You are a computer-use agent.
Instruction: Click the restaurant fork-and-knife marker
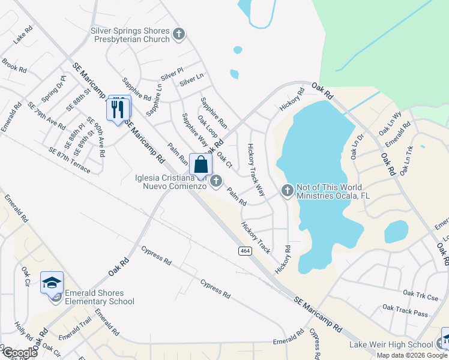tap(118, 108)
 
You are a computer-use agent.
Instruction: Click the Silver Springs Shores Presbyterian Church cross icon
tap(178, 34)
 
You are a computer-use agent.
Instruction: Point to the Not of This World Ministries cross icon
tap(287, 191)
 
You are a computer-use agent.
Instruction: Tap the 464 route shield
tap(245, 250)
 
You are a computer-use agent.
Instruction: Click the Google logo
tap(19, 353)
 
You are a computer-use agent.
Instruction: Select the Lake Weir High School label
tap(391, 344)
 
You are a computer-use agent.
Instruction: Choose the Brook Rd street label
tap(14, 65)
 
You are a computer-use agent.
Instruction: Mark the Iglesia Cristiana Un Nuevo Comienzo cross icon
tap(216, 180)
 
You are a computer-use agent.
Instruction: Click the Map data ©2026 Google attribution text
tap(412, 355)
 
